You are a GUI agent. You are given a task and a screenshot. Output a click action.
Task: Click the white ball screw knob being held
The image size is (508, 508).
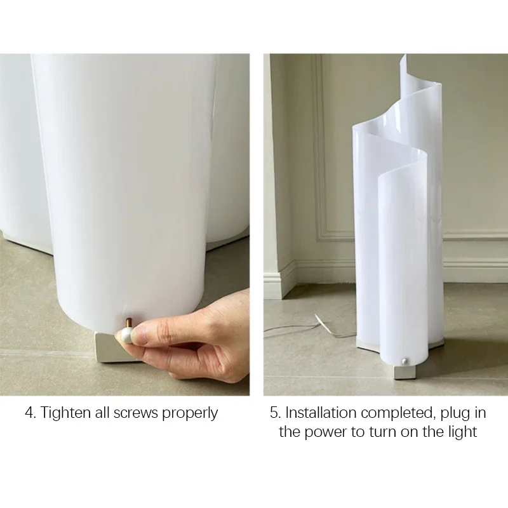tap(126, 335)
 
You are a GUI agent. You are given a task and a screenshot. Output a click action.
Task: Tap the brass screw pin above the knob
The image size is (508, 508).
tap(128, 323)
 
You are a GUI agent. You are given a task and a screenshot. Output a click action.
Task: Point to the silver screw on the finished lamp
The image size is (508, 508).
tap(404, 360)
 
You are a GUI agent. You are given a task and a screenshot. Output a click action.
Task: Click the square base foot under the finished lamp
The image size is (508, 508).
tap(404, 372)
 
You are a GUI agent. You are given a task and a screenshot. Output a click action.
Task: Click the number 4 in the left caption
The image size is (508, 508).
tap(29, 413)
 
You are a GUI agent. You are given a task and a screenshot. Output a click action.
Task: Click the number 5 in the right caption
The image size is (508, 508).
tap(274, 413)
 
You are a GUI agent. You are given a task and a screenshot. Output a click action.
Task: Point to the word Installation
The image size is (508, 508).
tap(321, 413)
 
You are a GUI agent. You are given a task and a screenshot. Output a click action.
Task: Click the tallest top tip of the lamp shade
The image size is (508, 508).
tap(404, 55)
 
